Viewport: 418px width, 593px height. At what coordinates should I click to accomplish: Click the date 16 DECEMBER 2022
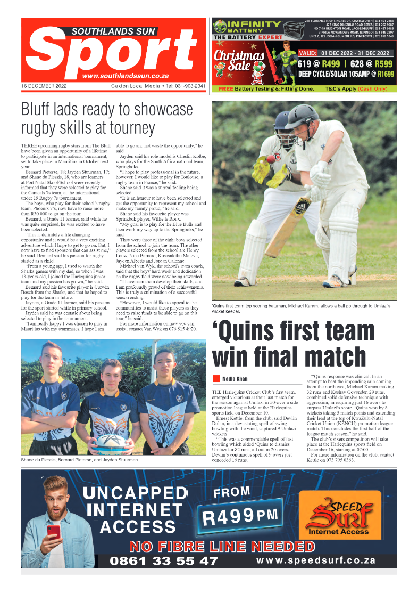(x=44, y=86)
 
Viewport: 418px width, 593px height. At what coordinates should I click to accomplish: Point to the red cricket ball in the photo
(x=270, y=159)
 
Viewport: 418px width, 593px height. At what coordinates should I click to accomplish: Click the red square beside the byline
(x=216, y=378)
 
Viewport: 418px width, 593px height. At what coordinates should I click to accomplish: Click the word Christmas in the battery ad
(x=239, y=56)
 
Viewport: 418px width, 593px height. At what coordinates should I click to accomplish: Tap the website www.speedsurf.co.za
(x=316, y=560)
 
